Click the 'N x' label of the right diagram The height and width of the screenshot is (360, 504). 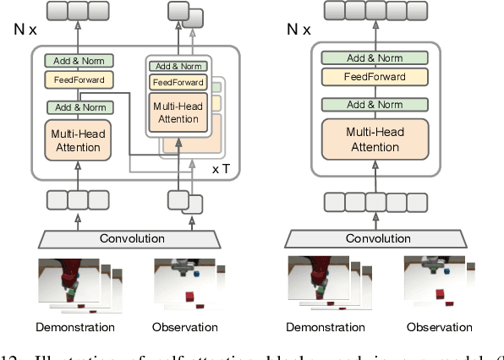point(299,30)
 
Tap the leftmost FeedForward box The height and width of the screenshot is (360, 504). point(78,81)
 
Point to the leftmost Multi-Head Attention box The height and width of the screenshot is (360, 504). point(78,140)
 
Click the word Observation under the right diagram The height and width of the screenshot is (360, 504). point(438,327)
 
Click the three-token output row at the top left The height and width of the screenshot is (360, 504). point(78,11)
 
